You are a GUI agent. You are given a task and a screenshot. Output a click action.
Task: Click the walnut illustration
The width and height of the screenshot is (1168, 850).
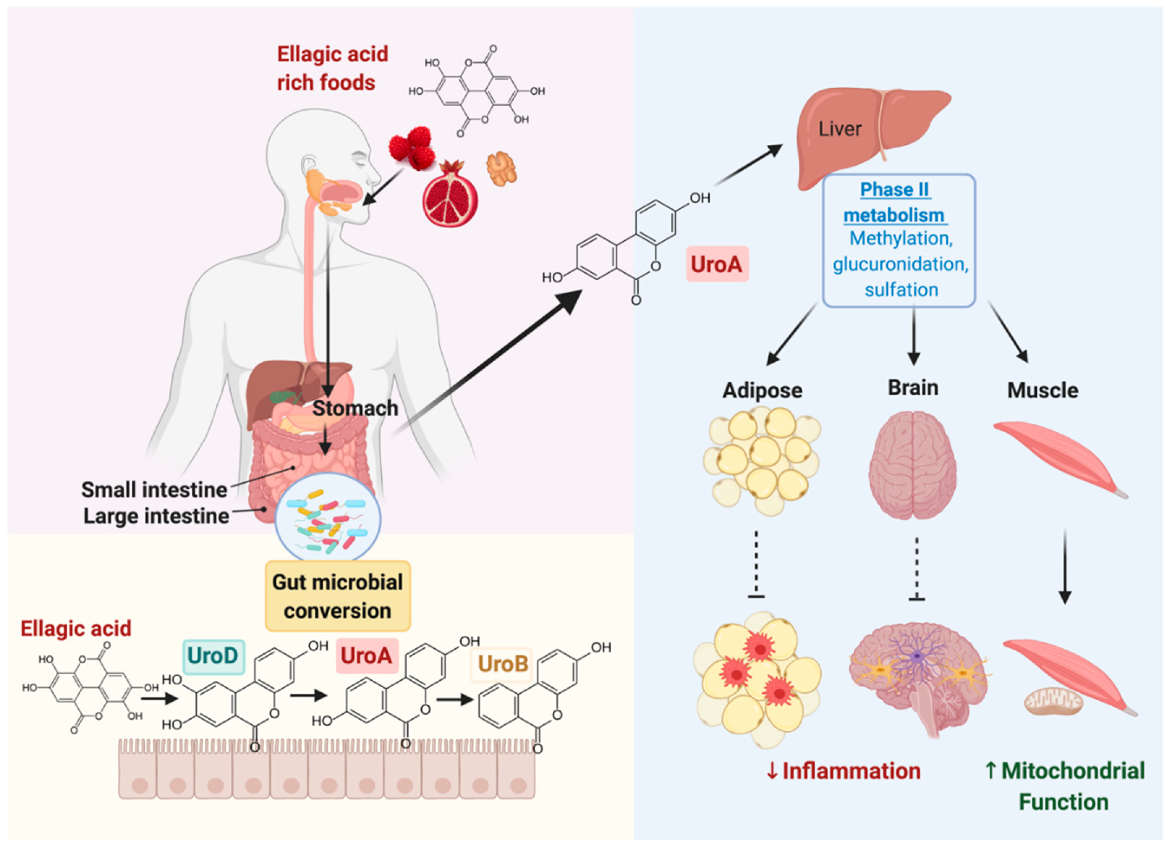click(x=501, y=168)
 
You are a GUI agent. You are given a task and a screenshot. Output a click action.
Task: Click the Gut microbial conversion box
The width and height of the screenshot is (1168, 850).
click(x=338, y=596)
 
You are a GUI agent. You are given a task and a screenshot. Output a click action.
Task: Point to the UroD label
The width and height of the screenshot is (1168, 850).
click(x=213, y=656)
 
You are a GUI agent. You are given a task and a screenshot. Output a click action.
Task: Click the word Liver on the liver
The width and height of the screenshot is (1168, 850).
click(x=840, y=129)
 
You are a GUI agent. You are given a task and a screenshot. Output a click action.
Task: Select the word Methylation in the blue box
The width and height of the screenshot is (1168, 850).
click(x=901, y=238)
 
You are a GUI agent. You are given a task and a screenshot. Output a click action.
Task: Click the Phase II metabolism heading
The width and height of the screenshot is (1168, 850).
click(x=895, y=202)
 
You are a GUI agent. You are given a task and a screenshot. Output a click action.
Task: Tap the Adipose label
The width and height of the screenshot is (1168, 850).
click(x=762, y=390)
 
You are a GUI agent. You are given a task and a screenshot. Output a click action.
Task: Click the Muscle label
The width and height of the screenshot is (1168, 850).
click(x=1042, y=390)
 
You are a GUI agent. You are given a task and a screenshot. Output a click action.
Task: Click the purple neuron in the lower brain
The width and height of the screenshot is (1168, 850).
click(x=917, y=656)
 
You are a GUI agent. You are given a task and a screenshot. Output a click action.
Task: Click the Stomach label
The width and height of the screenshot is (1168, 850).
click(x=355, y=408)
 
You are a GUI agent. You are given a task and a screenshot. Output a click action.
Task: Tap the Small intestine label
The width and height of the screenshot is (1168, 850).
click(x=154, y=490)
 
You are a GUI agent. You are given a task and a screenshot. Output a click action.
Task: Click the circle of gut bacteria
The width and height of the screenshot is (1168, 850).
click(x=328, y=517)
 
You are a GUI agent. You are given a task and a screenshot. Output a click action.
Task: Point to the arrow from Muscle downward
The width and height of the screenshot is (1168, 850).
click(x=1065, y=566)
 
